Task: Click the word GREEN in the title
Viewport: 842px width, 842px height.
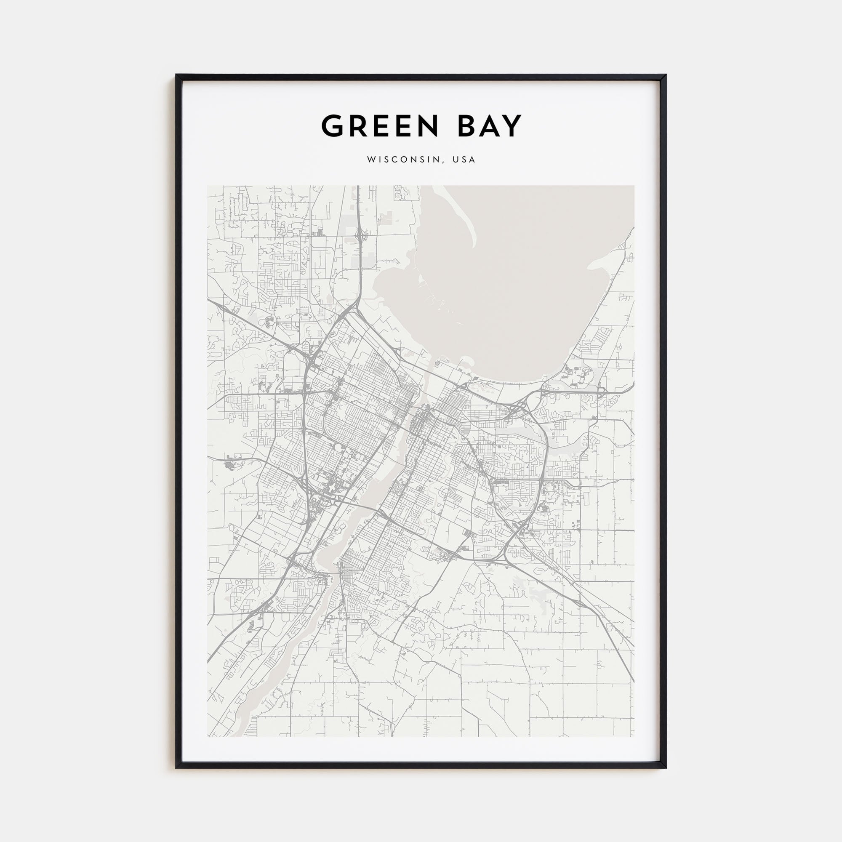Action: click(x=380, y=126)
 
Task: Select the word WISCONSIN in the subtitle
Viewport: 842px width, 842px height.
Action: click(x=405, y=160)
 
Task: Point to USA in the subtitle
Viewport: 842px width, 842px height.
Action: click(x=464, y=160)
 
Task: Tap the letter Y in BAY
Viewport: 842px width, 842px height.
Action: click(x=512, y=126)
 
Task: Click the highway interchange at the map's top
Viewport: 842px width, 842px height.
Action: click(x=360, y=236)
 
